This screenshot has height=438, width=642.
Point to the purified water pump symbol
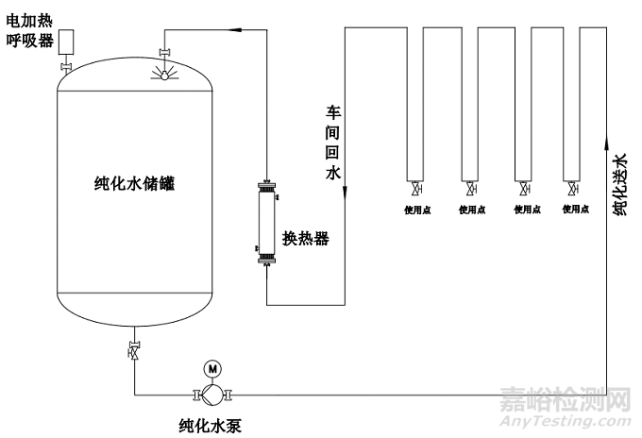coord(211,393)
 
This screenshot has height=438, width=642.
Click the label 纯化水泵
coord(211,425)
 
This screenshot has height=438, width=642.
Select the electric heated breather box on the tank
coord(68,42)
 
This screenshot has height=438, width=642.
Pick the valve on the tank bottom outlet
coord(134,350)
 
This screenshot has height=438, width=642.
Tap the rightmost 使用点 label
coord(576,210)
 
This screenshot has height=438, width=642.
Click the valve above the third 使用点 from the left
coord(522,188)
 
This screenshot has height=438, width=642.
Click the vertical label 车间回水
coord(332,142)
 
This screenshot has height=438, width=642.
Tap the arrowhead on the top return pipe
coord(238,29)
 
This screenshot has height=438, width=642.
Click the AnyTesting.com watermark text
coord(576,420)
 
